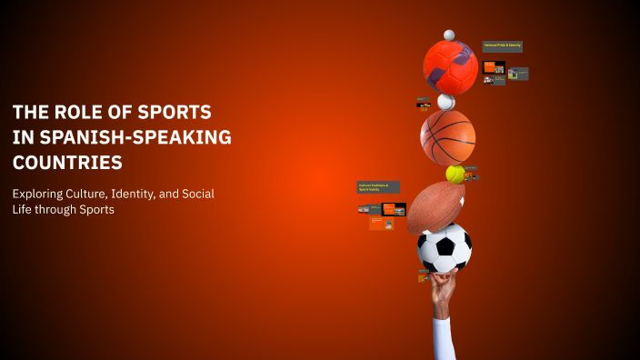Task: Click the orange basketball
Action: point(447,136)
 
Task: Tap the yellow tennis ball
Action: point(455,174)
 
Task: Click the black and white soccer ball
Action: point(445,247)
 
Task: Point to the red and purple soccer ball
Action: point(450,67)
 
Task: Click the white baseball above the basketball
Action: point(445,101)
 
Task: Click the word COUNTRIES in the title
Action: point(67,164)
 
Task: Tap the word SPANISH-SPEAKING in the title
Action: point(134,138)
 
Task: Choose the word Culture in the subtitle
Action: point(103,194)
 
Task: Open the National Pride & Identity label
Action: point(502,46)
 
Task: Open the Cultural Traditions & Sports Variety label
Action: point(377,187)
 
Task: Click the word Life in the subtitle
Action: point(25,210)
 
